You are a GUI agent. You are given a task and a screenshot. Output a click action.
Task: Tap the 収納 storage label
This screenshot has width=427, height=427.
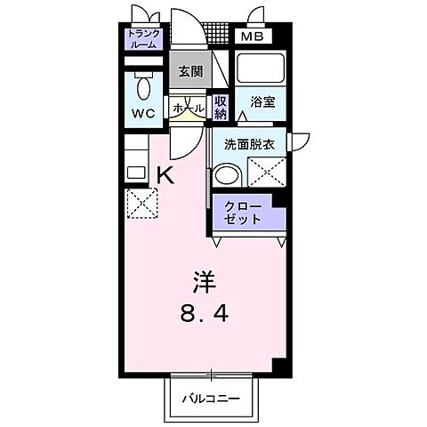click(x=220, y=108)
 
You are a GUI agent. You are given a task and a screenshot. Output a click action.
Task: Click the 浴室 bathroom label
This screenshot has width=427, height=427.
click(x=262, y=103)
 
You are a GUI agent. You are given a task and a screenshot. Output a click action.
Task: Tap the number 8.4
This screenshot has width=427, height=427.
click(x=204, y=314)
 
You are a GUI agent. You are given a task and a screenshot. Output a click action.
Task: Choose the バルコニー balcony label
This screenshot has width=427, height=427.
click(x=213, y=398)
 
